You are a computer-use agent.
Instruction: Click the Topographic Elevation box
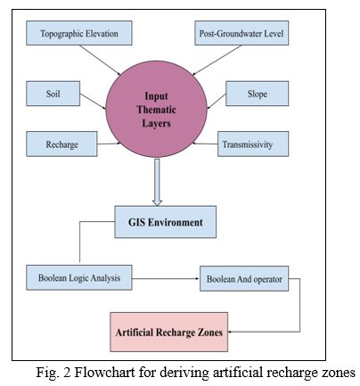[x=79, y=33]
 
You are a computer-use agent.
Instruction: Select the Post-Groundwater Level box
[x=241, y=33]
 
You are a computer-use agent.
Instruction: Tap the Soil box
[x=53, y=94]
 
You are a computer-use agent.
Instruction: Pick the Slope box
[x=257, y=94]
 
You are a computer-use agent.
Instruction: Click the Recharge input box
[x=61, y=144]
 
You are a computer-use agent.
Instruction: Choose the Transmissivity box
[x=253, y=144]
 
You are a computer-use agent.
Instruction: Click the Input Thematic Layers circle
[x=156, y=110]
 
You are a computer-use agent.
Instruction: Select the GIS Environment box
[x=166, y=222]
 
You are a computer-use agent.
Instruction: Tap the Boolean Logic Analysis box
[x=79, y=278]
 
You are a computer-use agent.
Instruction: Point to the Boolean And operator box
[x=244, y=279]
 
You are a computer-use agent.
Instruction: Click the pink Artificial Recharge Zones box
[x=168, y=332]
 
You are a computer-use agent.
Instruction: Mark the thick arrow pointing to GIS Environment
[x=157, y=182]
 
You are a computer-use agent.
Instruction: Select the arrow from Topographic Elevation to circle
[x=100, y=61]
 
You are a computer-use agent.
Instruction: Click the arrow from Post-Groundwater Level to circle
[x=217, y=61]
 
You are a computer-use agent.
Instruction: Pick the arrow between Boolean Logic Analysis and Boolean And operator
[x=166, y=278]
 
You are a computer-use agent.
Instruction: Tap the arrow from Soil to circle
[x=93, y=102]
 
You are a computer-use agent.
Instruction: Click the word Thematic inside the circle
[x=156, y=110]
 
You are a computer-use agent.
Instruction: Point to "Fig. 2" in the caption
[x=53, y=372]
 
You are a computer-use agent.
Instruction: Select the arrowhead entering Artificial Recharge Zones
[x=230, y=332]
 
